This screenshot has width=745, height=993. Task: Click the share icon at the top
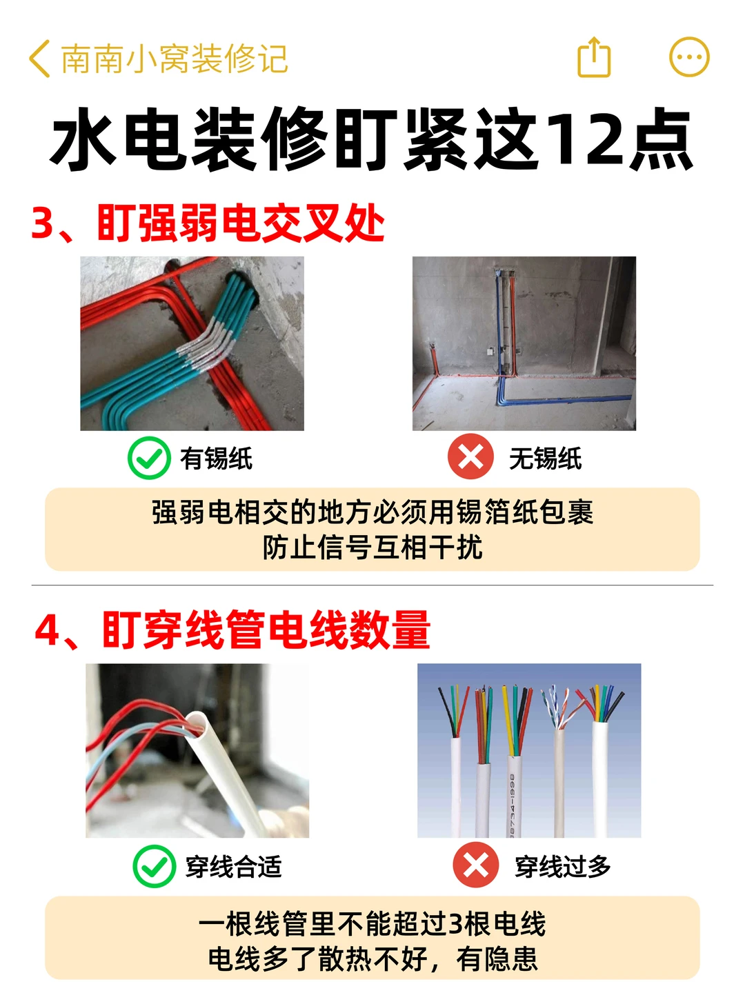(x=593, y=57)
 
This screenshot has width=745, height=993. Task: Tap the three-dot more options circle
(x=689, y=57)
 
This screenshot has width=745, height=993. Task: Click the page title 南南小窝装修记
(x=174, y=59)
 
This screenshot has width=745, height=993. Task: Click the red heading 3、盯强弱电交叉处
(x=208, y=223)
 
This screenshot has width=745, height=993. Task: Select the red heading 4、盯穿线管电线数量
(x=232, y=630)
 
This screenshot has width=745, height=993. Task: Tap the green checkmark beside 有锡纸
(x=149, y=458)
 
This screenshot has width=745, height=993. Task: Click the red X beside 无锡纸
(x=470, y=457)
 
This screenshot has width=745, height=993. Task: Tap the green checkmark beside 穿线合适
(x=155, y=866)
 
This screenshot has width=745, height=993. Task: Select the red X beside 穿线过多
(x=476, y=865)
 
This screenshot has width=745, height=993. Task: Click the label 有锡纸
(x=216, y=459)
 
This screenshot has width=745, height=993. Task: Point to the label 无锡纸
(x=546, y=459)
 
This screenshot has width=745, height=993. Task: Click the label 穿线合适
(x=234, y=866)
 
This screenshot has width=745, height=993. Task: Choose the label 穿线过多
(x=563, y=866)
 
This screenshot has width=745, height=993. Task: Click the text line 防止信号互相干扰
(x=372, y=548)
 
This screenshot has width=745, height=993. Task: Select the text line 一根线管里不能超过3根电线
(x=372, y=923)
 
